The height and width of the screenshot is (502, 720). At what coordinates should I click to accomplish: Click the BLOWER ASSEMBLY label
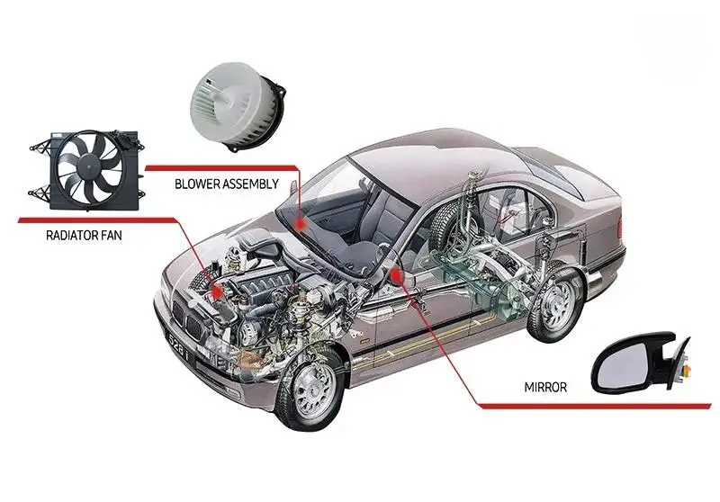tap(227, 184)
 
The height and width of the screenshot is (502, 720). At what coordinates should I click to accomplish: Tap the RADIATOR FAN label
tap(84, 236)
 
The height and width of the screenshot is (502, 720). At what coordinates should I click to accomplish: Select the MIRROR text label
tap(545, 387)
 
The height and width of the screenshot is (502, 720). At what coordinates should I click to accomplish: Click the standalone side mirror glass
tap(624, 364)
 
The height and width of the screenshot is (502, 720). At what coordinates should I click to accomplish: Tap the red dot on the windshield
tap(301, 223)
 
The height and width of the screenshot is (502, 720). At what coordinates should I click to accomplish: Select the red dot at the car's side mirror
tap(396, 276)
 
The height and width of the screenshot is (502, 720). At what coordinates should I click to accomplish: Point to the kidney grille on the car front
tap(187, 320)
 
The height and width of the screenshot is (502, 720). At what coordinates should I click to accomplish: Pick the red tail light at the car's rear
tap(620, 227)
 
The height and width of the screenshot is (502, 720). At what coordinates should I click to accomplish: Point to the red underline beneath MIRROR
tap(595, 406)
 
